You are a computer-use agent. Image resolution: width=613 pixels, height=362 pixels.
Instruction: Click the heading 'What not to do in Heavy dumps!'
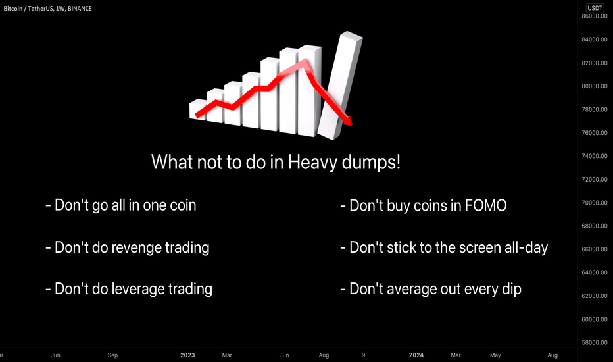coord(276,162)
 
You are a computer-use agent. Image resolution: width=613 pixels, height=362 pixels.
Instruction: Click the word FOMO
coord(485,205)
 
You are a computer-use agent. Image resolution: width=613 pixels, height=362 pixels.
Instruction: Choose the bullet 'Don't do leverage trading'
coord(128,289)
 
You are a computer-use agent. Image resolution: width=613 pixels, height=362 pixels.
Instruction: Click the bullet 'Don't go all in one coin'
coord(120,205)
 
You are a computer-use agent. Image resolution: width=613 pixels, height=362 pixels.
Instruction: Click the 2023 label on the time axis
coord(188,355)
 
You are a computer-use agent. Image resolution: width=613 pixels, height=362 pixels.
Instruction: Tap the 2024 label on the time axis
coord(416,355)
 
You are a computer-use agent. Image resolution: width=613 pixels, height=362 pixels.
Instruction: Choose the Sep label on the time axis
coord(113,355)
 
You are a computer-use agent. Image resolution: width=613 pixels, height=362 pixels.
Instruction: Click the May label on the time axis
coord(495,355)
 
